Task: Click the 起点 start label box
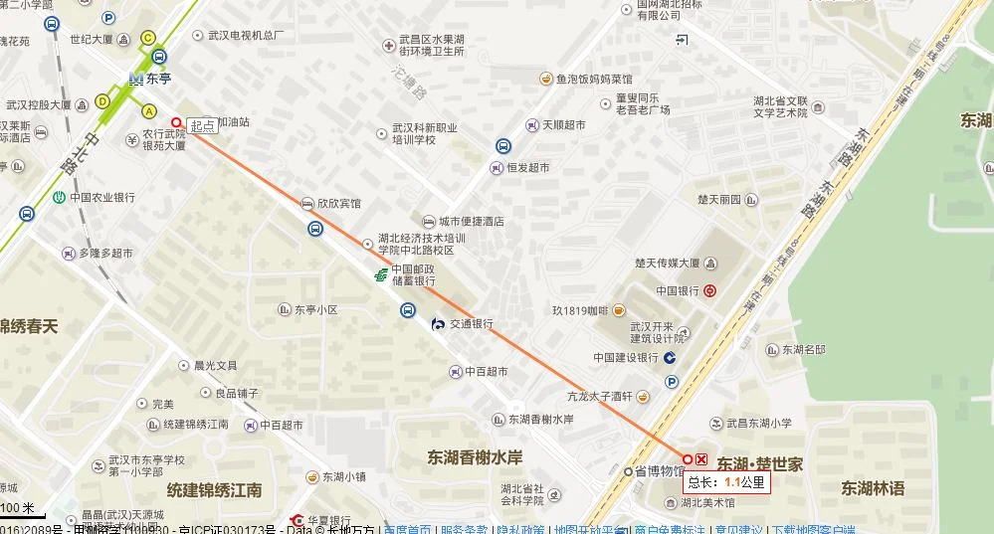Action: coord(203,125)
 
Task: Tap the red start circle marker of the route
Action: coord(177,122)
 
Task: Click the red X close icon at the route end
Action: coord(701,458)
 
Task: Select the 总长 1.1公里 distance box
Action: coord(726,482)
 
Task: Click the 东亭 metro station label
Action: coord(159,78)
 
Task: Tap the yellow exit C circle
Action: coord(148,38)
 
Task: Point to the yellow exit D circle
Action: coord(102,100)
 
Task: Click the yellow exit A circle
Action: coord(149,110)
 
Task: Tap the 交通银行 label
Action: coord(471,324)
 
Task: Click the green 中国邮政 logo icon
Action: coord(380,274)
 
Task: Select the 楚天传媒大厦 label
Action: coord(667,264)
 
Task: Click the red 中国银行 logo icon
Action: coord(709,291)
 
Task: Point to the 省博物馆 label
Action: coord(660,471)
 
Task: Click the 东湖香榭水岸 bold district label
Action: coord(476,457)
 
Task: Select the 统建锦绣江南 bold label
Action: coord(214,490)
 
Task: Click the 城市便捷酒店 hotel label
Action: coord(471,221)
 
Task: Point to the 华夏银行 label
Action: coord(328,520)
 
